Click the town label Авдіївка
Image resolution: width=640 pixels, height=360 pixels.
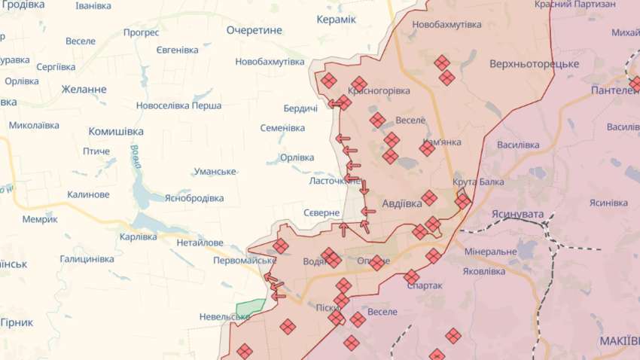click(402, 203)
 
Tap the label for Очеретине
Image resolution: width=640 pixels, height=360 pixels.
click(254, 30)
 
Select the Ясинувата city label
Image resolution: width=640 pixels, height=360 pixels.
click(517, 215)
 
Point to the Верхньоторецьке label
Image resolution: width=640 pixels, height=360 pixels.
click(534, 64)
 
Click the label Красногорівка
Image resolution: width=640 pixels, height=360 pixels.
click(379, 90)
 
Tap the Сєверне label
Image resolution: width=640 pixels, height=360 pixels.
click(322, 213)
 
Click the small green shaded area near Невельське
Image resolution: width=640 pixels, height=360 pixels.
click(251, 309)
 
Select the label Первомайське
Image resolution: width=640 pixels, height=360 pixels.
click(245, 261)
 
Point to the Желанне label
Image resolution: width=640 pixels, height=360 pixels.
click(84, 90)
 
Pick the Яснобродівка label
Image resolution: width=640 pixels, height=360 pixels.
click(194, 198)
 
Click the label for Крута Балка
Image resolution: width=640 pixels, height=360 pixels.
click(478, 182)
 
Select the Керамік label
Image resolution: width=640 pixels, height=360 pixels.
click(336, 19)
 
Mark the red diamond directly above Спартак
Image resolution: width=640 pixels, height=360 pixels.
click(411, 277)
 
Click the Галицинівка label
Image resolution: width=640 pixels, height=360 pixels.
click(87, 259)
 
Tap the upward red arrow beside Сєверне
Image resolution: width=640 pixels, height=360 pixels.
click(343, 228)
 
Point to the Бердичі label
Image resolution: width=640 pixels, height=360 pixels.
click(300, 108)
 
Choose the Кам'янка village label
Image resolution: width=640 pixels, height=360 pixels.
click(442, 142)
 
